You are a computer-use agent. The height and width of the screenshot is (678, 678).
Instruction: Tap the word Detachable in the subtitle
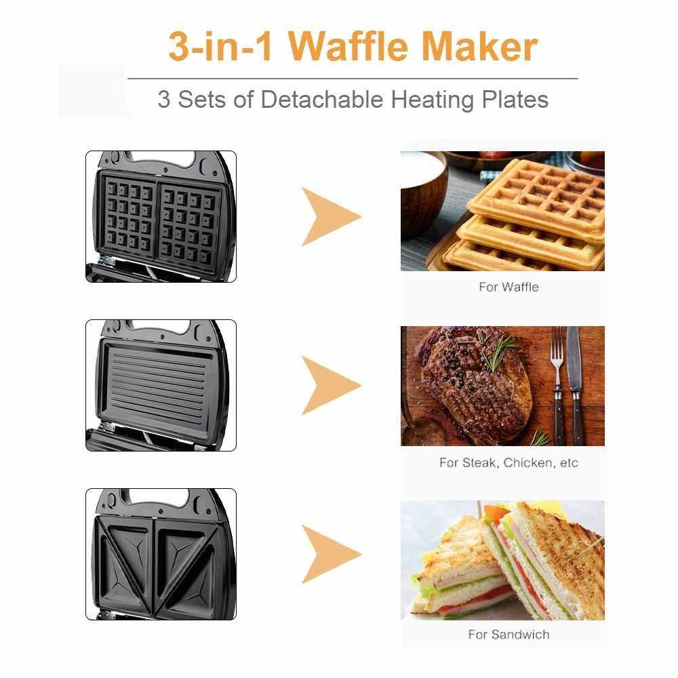coord(321,99)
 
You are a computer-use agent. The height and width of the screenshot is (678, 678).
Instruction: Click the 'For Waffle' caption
coord(509,287)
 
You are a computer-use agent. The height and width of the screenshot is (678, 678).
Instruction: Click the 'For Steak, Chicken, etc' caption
coord(509,462)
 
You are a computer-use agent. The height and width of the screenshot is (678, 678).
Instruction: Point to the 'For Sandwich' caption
coord(509,635)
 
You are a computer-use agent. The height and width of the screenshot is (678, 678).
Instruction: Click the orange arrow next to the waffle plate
coord(331,217)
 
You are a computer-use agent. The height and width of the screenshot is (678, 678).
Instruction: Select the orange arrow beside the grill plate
coord(331,386)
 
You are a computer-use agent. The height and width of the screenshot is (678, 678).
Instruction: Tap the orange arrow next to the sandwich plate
coord(331,555)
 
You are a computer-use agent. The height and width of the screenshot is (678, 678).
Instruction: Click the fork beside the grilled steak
coord(558,385)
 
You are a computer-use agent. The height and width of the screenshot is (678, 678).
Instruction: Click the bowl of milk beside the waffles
coord(424,191)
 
